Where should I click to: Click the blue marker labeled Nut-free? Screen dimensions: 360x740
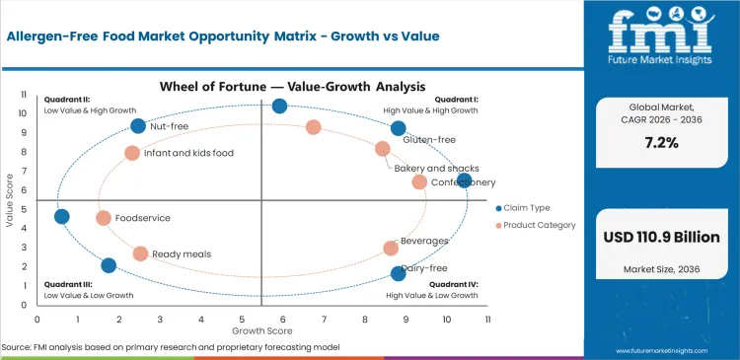[138, 126]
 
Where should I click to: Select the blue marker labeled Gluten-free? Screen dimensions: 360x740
[399, 128]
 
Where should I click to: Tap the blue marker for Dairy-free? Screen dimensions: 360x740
[399, 273]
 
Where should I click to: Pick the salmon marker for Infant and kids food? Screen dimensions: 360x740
[132, 153]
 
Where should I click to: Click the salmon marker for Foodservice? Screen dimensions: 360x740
[104, 218]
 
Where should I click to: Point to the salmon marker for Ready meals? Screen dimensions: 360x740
[140, 253]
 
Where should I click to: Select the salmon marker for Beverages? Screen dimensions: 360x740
[391, 249]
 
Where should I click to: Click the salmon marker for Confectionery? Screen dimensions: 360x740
[419, 182]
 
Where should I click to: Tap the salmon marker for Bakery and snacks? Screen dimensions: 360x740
[383, 149]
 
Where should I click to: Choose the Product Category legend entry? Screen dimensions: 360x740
[537, 226]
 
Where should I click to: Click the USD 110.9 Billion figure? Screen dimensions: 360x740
[661, 237]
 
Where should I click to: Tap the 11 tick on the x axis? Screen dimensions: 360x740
[487, 319]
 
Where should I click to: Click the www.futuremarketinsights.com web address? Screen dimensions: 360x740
[672, 350]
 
